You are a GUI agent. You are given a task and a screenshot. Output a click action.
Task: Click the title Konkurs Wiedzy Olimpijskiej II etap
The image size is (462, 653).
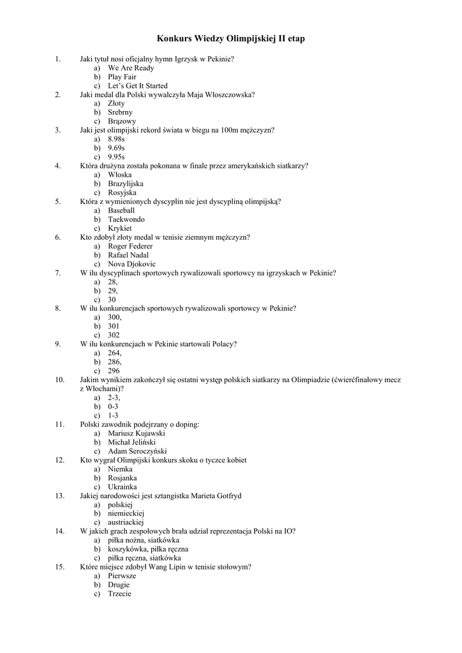pos(230,39)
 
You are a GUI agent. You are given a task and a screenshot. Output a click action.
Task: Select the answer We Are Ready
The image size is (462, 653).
pos(130,68)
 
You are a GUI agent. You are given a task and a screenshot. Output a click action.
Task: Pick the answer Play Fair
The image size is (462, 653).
pos(122,77)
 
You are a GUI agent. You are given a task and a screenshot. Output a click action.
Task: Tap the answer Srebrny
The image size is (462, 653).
pos(120,112)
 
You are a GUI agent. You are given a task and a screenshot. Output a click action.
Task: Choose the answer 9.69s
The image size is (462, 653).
pos(116,148)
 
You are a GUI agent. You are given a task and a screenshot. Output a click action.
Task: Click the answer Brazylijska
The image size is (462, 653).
pos(125,184)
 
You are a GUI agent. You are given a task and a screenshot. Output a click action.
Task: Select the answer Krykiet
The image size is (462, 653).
pos(119,228)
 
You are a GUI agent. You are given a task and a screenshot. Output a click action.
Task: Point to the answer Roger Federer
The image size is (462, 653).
pos(130,246)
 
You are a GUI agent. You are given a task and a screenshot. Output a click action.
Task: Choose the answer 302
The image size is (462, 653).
pos(114,335)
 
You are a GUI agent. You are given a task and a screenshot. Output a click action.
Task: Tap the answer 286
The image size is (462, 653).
pos(114,362)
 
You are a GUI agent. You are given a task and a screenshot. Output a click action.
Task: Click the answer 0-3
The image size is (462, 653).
pos(113,406)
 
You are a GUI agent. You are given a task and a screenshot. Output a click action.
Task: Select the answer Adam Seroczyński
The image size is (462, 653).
pos(136,451)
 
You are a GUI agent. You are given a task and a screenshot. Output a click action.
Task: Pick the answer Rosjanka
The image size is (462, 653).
pos(122,478)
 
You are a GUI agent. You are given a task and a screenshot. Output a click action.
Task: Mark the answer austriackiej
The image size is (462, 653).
pos(126,522)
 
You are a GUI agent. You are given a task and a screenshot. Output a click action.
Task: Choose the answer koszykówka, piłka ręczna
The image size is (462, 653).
pos(147,548)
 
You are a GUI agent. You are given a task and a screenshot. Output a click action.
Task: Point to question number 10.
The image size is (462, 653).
pos(60,379)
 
